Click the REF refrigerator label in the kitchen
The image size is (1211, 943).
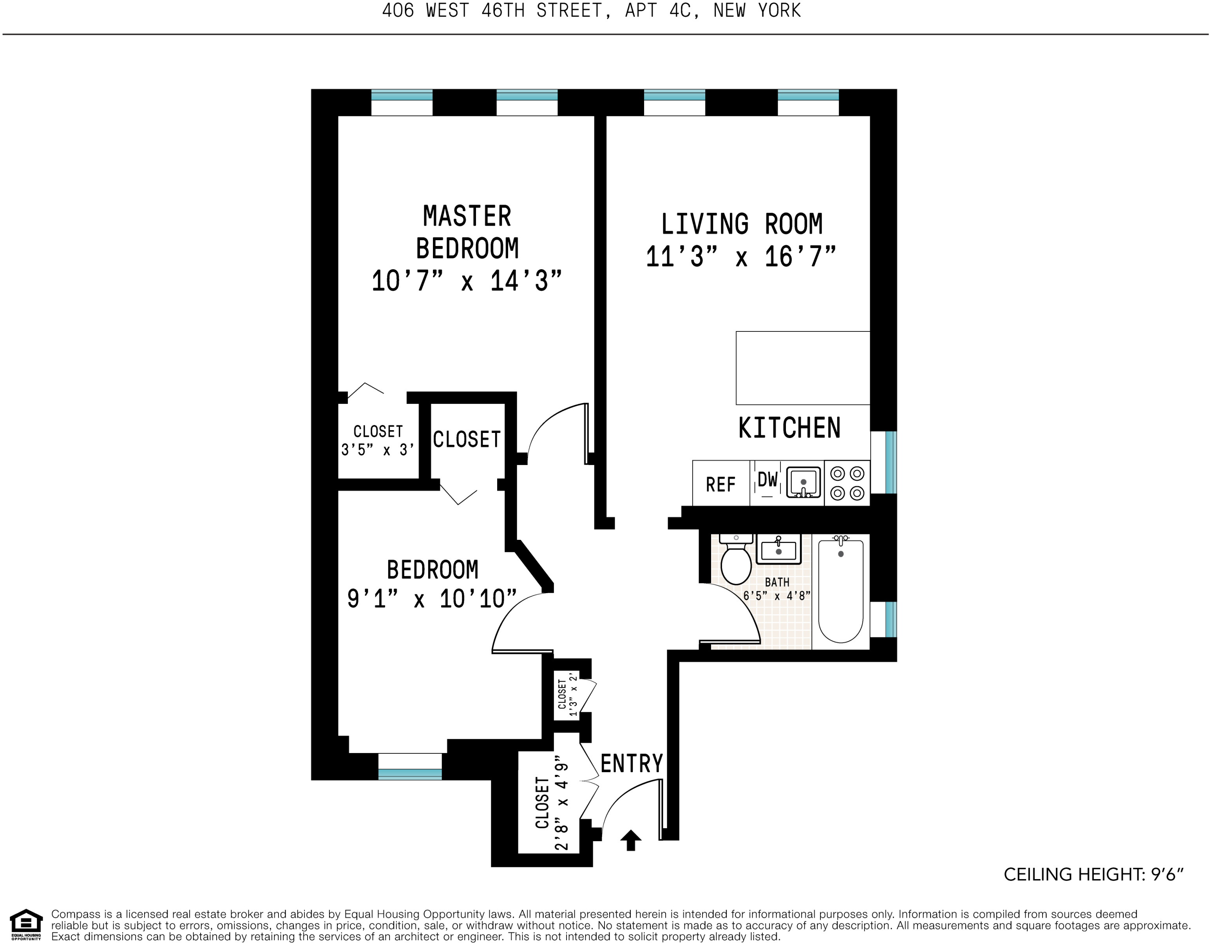tap(720, 485)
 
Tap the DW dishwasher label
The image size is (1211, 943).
tap(768, 480)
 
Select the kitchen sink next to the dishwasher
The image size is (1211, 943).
tap(803, 482)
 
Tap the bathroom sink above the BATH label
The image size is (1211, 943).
tap(778, 549)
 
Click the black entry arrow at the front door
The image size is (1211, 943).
tap(630, 840)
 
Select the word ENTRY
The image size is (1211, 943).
tap(632, 764)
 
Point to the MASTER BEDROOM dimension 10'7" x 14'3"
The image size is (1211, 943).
tap(467, 281)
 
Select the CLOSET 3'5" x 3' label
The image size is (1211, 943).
tap(378, 440)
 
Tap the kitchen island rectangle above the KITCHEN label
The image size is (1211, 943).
tap(802, 368)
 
